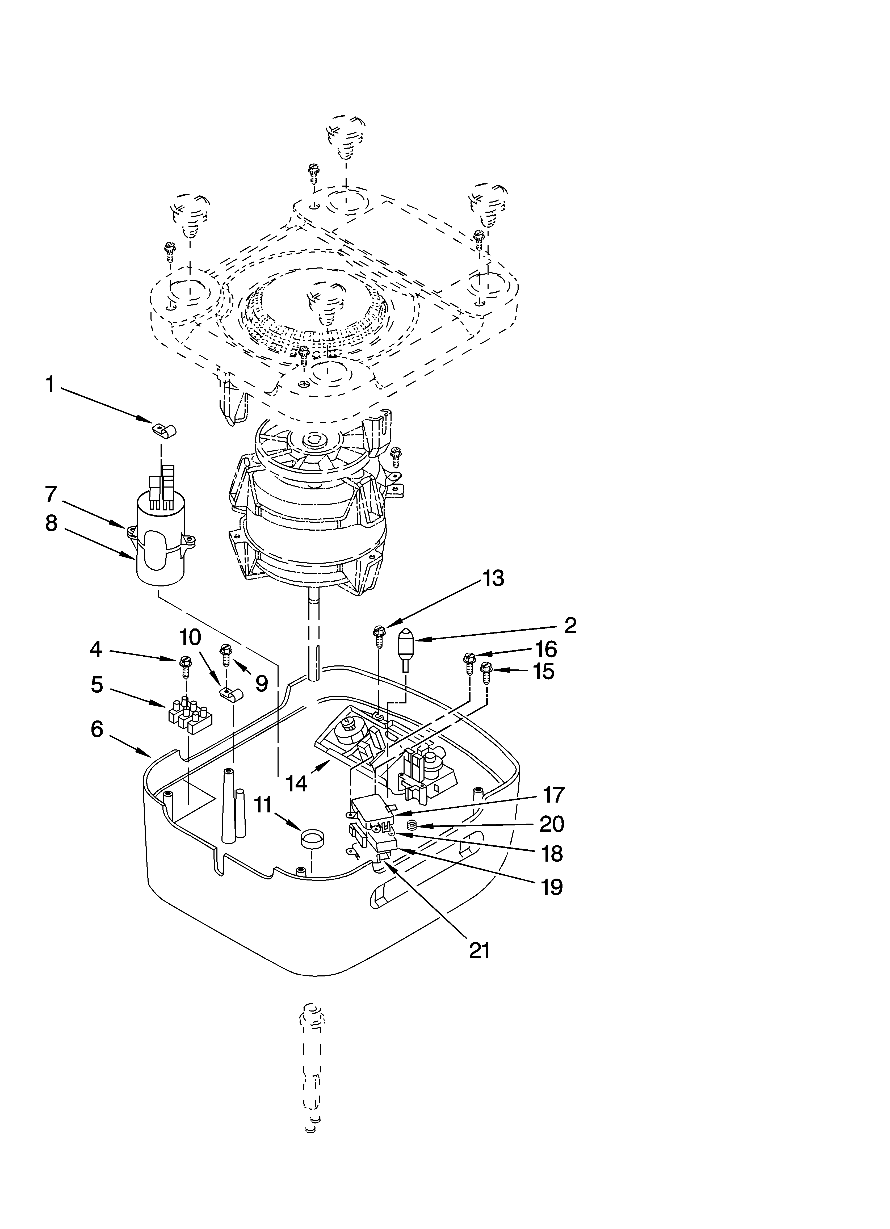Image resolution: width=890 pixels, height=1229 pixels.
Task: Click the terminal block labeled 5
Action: pyautogui.click(x=190, y=713)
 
